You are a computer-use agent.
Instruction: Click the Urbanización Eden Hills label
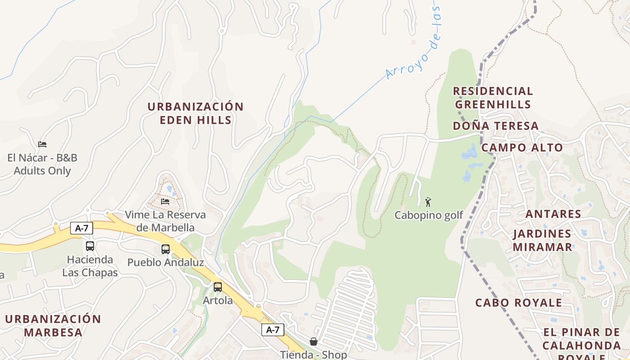click(x=196, y=113)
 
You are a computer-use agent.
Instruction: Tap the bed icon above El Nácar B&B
click(x=42, y=144)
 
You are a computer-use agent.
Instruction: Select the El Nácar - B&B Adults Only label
click(x=42, y=164)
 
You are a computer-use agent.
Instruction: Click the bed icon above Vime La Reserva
click(x=165, y=201)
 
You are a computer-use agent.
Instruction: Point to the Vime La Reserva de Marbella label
click(x=165, y=221)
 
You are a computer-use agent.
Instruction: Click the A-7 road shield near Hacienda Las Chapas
click(x=81, y=228)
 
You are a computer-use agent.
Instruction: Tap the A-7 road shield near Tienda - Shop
click(x=273, y=330)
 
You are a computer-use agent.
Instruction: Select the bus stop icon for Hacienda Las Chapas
click(x=90, y=246)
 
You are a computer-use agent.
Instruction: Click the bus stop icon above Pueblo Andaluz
click(x=166, y=249)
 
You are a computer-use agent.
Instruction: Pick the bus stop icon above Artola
click(x=218, y=287)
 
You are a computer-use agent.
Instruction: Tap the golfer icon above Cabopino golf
click(x=428, y=202)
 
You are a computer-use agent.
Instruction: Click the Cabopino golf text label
click(x=428, y=216)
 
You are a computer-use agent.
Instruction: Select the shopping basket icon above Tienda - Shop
click(x=314, y=342)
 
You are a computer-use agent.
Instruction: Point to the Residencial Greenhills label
click(x=493, y=98)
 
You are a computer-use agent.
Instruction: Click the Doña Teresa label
click(x=495, y=126)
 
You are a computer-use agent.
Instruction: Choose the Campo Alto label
click(x=522, y=148)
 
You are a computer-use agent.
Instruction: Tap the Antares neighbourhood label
click(x=553, y=214)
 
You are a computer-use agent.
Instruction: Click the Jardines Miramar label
click(x=542, y=240)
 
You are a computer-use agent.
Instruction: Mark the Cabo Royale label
click(x=518, y=302)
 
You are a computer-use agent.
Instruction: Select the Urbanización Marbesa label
click(x=53, y=326)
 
